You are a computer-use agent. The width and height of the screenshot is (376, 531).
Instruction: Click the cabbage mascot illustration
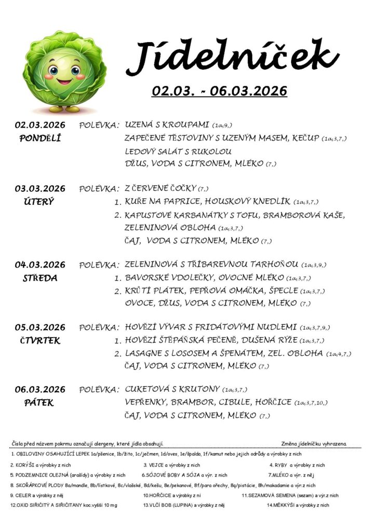(64, 72)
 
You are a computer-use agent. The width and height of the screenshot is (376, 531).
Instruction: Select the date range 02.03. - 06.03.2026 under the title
(219, 91)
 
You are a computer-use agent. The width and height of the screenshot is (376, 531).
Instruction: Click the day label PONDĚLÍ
(40, 138)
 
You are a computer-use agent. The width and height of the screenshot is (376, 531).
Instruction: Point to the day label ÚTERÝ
(40, 201)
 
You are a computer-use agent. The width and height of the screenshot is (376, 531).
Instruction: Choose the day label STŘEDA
(40, 278)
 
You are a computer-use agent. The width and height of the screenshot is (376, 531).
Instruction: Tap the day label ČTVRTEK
(40, 341)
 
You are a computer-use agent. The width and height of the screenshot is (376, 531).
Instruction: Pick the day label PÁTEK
(40, 403)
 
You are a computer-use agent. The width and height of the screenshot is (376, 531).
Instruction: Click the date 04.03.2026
(40, 264)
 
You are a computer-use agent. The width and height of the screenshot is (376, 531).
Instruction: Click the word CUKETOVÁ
(149, 389)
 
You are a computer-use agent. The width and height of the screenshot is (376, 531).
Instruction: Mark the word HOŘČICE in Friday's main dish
(273, 402)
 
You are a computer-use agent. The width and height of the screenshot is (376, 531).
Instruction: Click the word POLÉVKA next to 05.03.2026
(99, 328)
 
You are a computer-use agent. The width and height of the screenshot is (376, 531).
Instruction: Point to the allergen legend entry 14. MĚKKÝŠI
(298, 505)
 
